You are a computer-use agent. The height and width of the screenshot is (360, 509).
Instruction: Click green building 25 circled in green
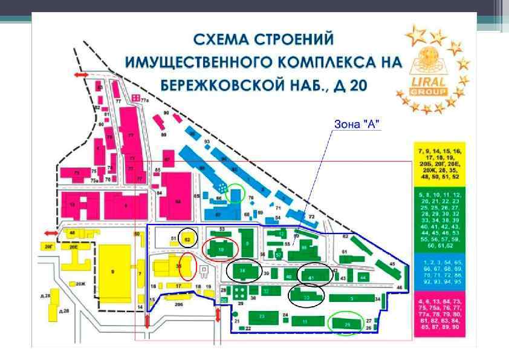click(x=348, y=324)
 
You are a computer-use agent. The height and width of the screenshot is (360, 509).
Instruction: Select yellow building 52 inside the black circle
click(x=189, y=240)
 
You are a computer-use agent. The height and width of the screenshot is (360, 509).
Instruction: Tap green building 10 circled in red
click(x=221, y=249)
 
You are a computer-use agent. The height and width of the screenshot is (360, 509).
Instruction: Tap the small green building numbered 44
click(x=363, y=276)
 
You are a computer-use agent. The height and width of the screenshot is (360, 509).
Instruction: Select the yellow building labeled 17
click(x=178, y=285)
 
